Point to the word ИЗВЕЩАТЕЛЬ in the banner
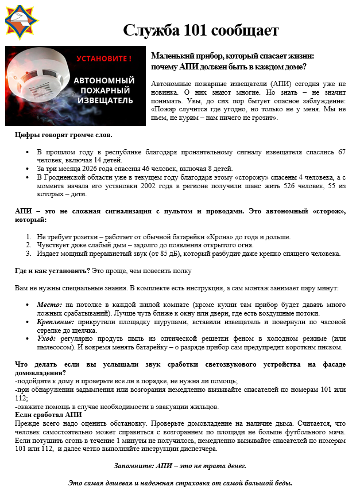coord(104,101)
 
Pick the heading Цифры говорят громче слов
coord(64,135)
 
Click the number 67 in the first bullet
coord(341,152)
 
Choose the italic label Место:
coord(50,305)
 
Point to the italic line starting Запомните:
coord(180,465)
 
